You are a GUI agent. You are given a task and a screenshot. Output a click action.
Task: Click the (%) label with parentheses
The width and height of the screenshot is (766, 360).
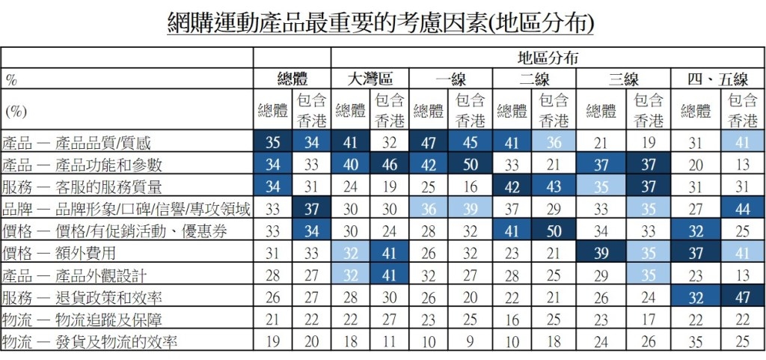pyautogui.click(x=16, y=112)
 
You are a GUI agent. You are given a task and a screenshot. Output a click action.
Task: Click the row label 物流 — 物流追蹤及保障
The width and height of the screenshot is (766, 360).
pyautogui.click(x=82, y=320)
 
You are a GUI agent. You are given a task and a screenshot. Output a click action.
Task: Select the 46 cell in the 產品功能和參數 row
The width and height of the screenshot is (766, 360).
pyautogui.click(x=390, y=165)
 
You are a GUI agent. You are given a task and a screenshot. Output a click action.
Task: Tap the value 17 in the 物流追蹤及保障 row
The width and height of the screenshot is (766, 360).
pyautogui.click(x=649, y=320)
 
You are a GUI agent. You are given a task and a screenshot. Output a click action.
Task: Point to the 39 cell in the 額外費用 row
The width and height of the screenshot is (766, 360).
pyautogui.click(x=601, y=254)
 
